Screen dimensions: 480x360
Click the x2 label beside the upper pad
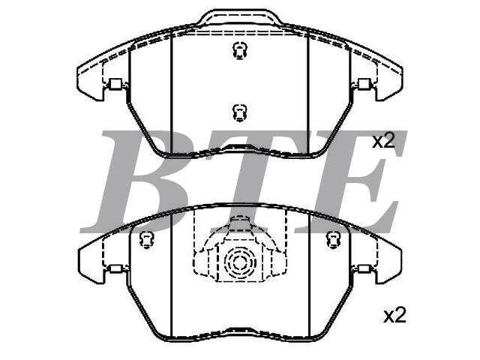(x=383, y=141)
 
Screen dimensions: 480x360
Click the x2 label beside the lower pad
(x=395, y=315)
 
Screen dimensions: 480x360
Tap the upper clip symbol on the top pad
(x=240, y=50)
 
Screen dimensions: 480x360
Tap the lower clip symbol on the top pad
(x=240, y=113)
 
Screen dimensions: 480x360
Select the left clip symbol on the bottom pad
(x=146, y=240)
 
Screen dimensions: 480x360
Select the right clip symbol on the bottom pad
(x=333, y=240)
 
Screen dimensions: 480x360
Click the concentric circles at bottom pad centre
(x=240, y=262)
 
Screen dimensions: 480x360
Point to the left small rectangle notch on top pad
(x=115, y=84)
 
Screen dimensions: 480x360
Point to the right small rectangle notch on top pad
(x=364, y=84)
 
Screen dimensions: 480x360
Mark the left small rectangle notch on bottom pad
(x=115, y=269)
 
